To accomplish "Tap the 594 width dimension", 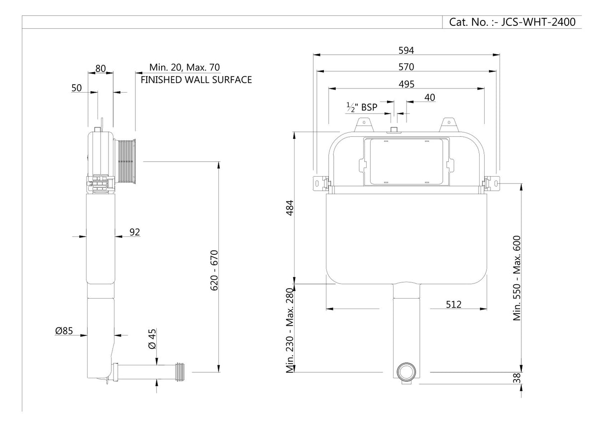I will click(x=406, y=50).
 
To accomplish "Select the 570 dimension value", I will click(x=406, y=66).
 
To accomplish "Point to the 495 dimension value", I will click(x=406, y=84).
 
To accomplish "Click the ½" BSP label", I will click(x=362, y=107).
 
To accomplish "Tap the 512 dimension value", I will click(x=453, y=304).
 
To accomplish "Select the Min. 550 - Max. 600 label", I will click(x=517, y=278).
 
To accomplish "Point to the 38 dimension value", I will click(x=517, y=378).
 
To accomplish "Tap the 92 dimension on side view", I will click(x=135, y=231).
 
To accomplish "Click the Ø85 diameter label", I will click(x=65, y=330).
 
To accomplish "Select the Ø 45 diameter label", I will click(x=153, y=339).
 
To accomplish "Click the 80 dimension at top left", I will click(x=101, y=69).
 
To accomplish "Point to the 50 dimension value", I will click(x=77, y=88).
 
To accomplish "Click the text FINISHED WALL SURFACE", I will click(x=196, y=80).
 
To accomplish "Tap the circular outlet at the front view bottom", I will click(x=406, y=371).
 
